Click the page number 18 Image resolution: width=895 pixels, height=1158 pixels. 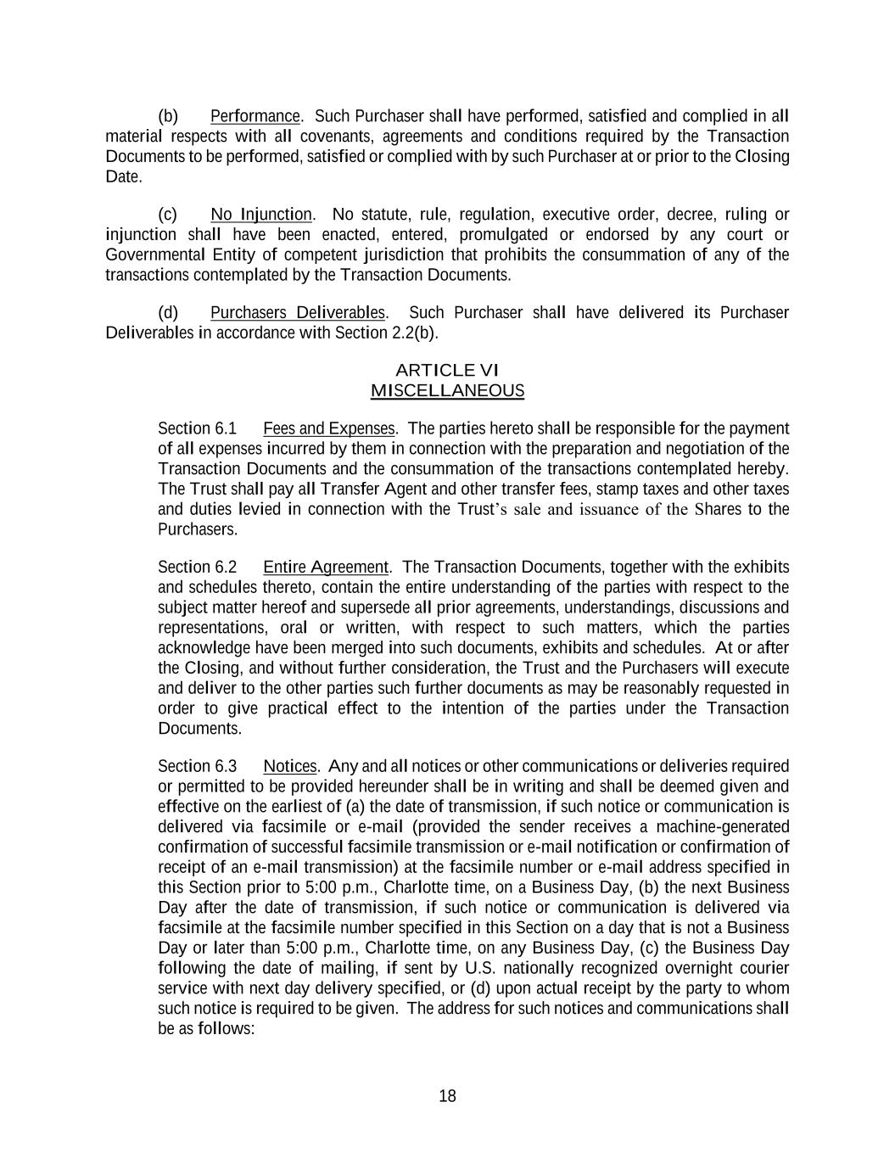447,1096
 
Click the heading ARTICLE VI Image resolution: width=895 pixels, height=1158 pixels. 447,370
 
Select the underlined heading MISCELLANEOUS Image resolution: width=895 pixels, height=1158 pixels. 447,390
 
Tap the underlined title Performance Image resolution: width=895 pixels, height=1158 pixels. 255,116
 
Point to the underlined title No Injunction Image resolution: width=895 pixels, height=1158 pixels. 261,215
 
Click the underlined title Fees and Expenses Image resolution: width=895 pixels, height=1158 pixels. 328,428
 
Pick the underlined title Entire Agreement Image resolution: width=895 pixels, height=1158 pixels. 325,567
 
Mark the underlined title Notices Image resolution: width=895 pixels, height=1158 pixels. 289,766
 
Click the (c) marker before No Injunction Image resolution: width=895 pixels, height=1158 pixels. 167,215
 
